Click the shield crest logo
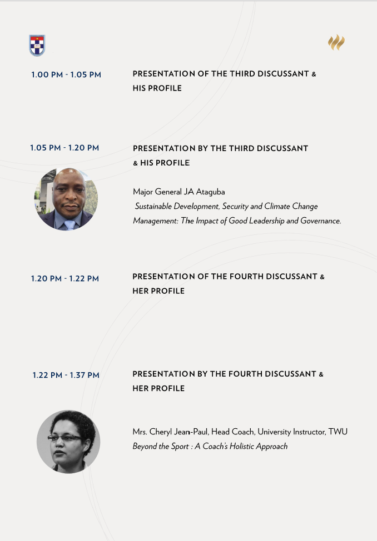point(37,45)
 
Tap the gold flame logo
point(336,42)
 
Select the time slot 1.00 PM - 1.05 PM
point(66,74)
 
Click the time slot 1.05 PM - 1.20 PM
point(65,148)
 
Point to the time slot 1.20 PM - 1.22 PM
point(65,278)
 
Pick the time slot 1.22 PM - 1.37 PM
point(66,375)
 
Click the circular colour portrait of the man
point(66,199)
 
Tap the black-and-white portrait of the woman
point(68,442)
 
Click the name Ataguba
point(210,192)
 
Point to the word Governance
point(321,221)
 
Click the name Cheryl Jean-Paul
point(178,432)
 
